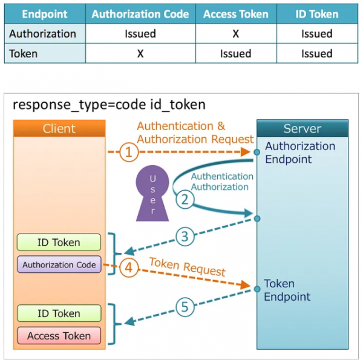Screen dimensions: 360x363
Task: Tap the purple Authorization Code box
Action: click(x=59, y=265)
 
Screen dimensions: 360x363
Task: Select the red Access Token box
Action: click(x=59, y=336)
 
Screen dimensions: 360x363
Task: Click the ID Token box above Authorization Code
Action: click(x=59, y=243)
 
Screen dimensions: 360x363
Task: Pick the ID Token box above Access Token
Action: click(x=59, y=313)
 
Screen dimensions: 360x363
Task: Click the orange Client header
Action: click(x=59, y=128)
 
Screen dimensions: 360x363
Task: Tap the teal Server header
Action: click(x=302, y=128)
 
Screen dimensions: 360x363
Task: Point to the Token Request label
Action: click(x=187, y=267)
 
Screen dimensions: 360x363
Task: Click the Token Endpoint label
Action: click(x=287, y=290)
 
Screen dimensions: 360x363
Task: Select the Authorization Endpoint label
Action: click(x=299, y=152)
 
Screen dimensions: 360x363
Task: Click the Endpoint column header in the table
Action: click(x=40, y=14)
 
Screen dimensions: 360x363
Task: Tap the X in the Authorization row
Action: click(x=235, y=34)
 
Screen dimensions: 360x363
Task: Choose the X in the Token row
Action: click(x=140, y=54)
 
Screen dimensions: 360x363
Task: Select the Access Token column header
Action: click(x=235, y=14)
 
